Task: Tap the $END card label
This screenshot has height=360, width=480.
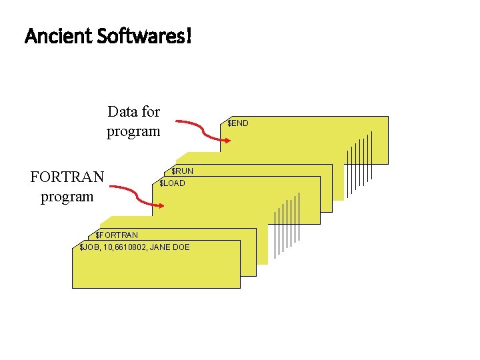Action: pyautogui.click(x=237, y=123)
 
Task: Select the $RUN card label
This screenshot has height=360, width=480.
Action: pyautogui.click(x=182, y=171)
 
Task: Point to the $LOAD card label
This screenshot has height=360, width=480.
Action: pyautogui.click(x=172, y=183)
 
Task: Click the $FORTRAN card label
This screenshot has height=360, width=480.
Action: pyautogui.click(x=117, y=235)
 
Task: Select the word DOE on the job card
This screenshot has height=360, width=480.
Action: pyautogui.click(x=181, y=247)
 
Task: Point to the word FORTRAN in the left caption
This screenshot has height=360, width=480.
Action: pyautogui.click(x=67, y=177)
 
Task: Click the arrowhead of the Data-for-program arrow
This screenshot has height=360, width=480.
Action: pyautogui.click(x=225, y=139)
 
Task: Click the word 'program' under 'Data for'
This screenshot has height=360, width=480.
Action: pyautogui.click(x=133, y=131)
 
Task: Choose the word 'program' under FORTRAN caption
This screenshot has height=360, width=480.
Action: pyautogui.click(x=67, y=197)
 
